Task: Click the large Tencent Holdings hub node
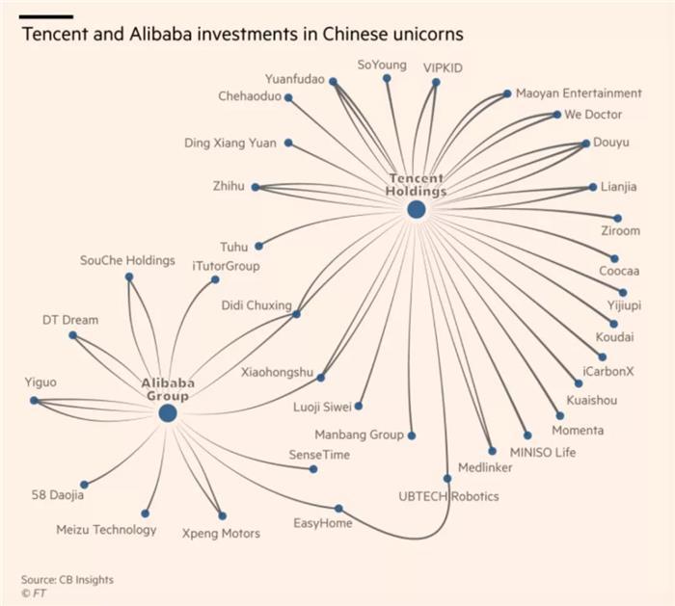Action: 417,210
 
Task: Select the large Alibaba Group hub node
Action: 168,413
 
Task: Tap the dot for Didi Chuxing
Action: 296,314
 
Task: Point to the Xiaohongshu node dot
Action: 321,378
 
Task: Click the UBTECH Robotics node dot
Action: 447,478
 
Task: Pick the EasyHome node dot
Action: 338,509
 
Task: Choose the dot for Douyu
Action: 585,144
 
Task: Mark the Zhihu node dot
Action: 256,187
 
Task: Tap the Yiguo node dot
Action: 34,401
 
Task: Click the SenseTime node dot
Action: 313,469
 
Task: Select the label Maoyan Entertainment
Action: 579,93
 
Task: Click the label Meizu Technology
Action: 106,530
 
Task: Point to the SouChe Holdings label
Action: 127,260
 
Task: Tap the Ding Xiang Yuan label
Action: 230,143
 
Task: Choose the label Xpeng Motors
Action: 221,534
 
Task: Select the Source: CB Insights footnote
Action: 67,580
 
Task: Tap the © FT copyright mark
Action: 33,593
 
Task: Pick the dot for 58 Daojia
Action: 85,485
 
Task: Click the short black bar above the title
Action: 46,16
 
